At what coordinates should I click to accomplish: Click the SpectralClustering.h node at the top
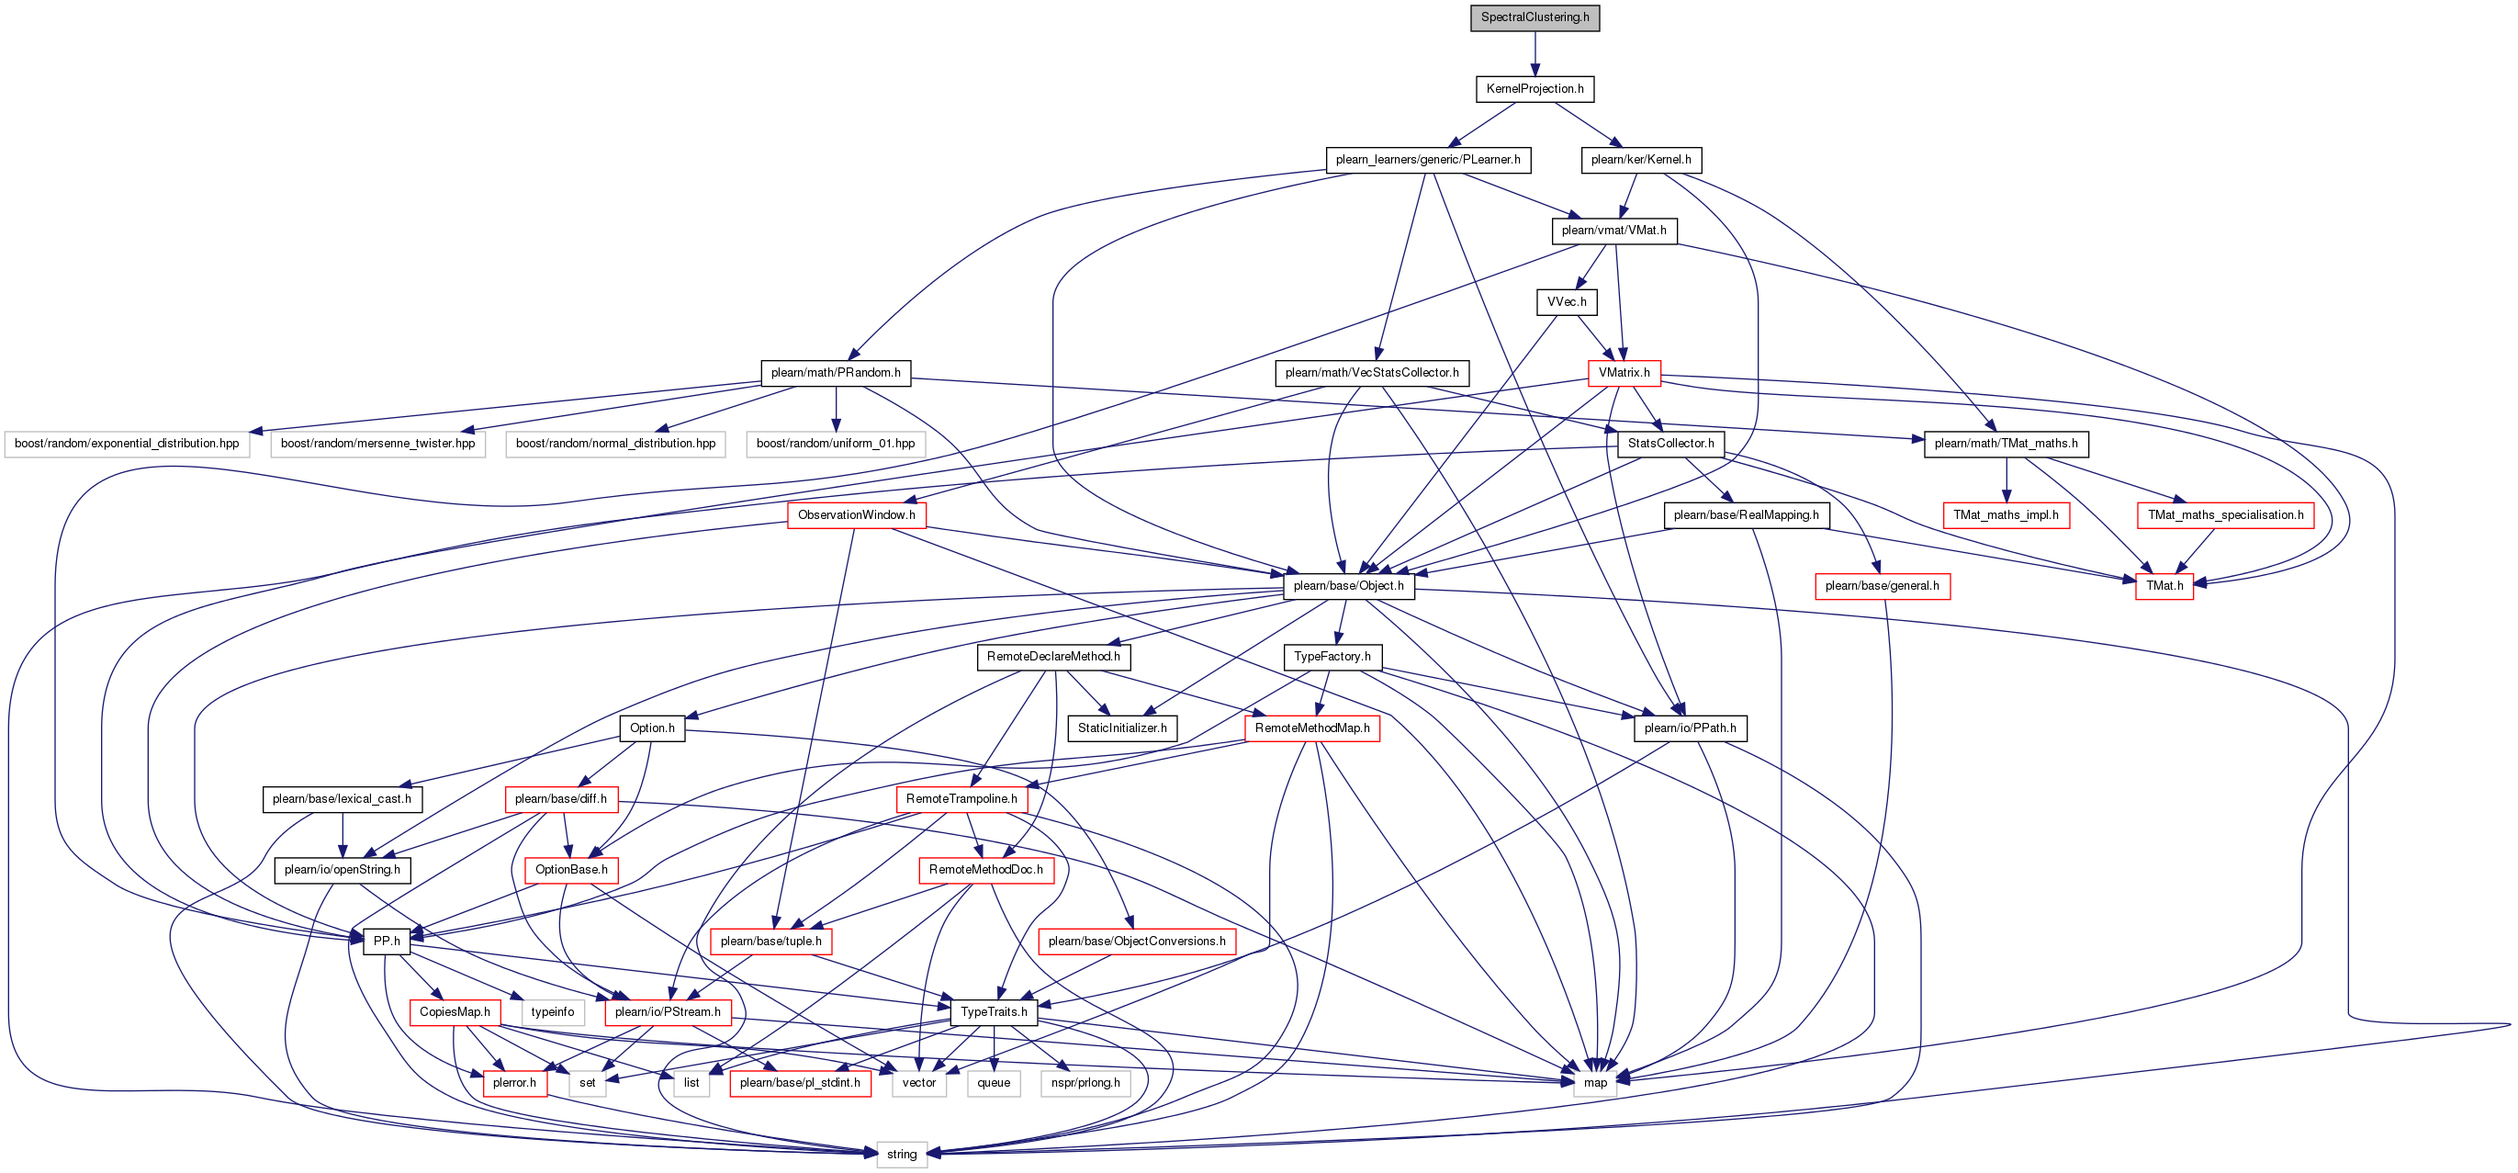point(1534,17)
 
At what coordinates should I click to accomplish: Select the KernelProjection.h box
point(1534,89)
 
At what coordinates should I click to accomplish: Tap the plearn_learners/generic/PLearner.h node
point(1427,159)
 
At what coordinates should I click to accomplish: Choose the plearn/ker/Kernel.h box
point(1640,159)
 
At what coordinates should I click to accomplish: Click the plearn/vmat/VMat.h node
point(1613,231)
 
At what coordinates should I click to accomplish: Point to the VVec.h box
point(1566,302)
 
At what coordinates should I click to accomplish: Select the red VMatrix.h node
point(1624,372)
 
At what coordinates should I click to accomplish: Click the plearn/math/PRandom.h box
point(836,372)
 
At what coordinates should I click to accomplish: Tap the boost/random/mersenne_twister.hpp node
point(377,444)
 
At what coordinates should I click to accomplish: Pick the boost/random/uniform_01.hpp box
point(836,444)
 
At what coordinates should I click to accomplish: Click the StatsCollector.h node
point(1670,444)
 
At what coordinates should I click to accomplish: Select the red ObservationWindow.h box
point(856,515)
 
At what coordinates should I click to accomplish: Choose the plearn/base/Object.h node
point(1348,585)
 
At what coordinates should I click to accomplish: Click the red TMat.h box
point(2164,585)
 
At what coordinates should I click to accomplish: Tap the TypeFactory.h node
point(1332,657)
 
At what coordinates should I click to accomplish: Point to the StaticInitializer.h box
point(1122,728)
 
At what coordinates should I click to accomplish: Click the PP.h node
point(386,942)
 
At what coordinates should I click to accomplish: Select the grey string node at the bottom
point(901,1155)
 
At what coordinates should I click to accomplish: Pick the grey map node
point(1595,1083)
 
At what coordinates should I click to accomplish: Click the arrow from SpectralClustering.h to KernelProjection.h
point(1534,54)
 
